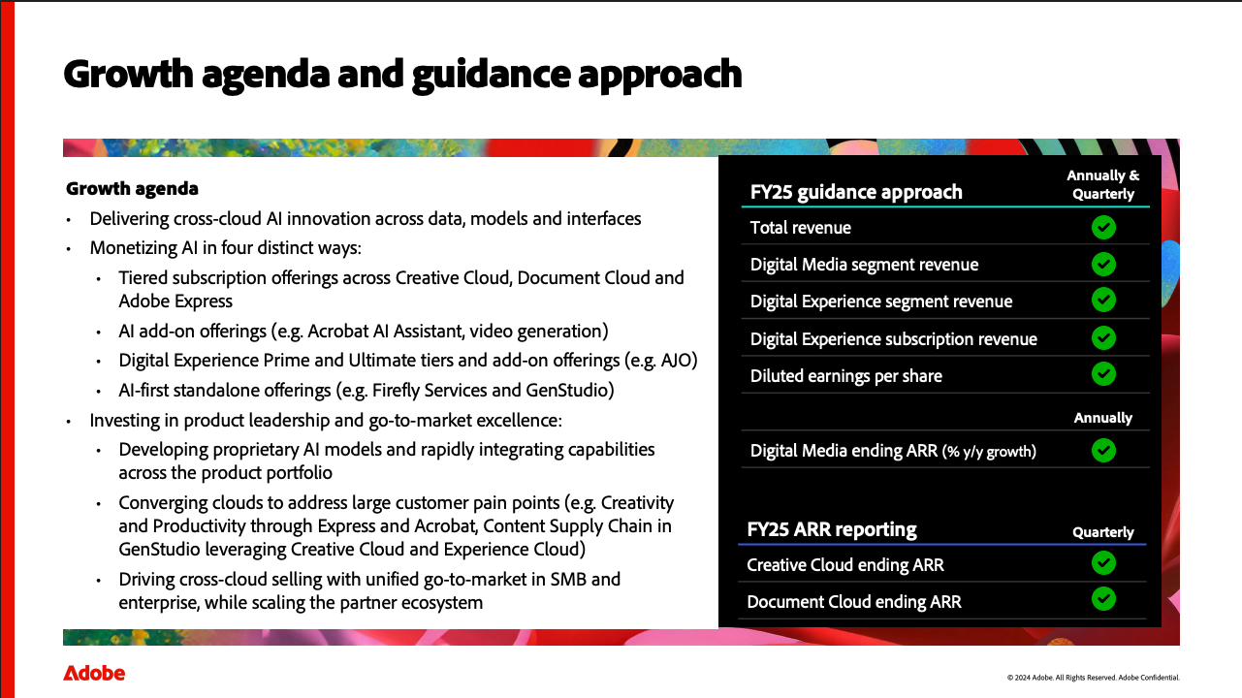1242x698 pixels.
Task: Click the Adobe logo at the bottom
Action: click(x=94, y=673)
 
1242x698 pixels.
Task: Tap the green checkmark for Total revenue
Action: click(x=1103, y=227)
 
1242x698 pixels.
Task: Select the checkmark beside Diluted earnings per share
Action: click(x=1103, y=374)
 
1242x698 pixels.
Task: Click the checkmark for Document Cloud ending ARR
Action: click(x=1103, y=599)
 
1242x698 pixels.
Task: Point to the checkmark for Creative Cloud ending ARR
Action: click(x=1103, y=563)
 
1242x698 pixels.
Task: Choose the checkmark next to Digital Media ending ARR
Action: click(x=1103, y=450)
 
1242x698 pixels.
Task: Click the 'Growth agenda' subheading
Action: click(x=132, y=188)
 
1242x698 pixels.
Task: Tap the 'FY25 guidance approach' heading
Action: click(x=856, y=192)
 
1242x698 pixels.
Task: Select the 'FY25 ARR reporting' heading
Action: click(x=832, y=529)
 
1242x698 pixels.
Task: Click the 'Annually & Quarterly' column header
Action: click(x=1102, y=184)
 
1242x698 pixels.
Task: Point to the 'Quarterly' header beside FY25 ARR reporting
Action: click(x=1102, y=532)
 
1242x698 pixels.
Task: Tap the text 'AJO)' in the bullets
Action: click(x=680, y=361)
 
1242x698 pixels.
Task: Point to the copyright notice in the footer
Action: click(x=1094, y=678)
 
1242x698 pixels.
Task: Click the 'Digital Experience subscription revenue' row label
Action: click(x=893, y=338)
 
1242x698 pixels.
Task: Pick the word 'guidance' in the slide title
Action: click(x=492, y=76)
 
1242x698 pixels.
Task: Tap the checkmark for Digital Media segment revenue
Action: click(x=1103, y=264)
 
